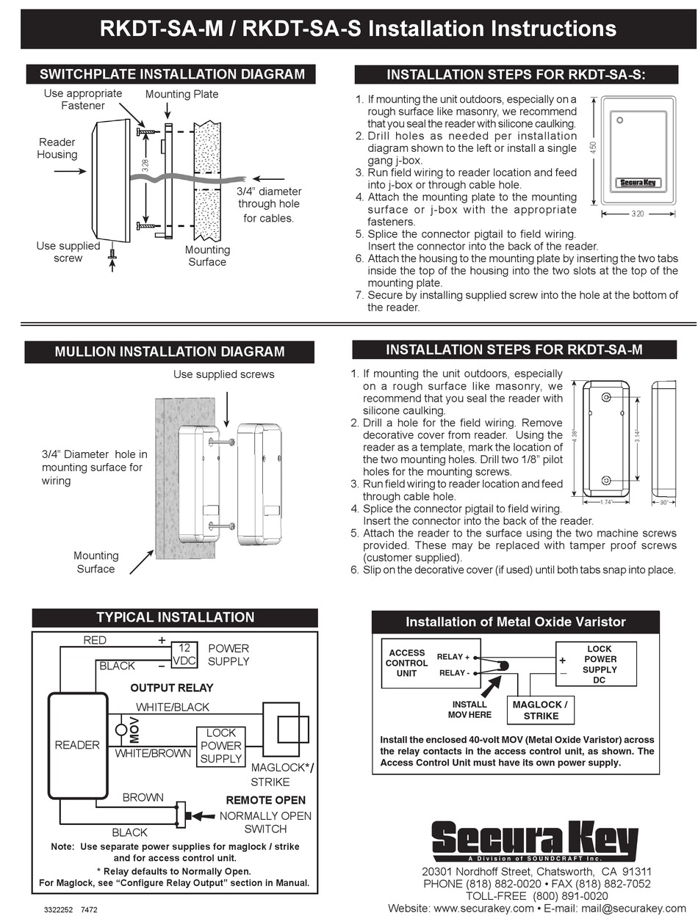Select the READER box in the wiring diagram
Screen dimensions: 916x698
pos(77,745)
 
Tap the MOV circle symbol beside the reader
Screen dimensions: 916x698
pos(122,730)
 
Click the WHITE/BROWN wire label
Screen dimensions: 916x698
pos(153,753)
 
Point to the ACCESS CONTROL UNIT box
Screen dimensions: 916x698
pos(407,663)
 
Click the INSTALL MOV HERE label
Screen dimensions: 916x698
pos(469,709)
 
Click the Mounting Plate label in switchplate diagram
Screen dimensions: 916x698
pos(181,94)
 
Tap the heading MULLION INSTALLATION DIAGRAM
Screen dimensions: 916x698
pos(170,352)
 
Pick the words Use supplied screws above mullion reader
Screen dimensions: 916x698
pos(223,374)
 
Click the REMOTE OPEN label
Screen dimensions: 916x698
pos(265,800)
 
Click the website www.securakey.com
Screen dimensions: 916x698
pos(483,909)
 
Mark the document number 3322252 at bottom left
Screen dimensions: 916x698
pos(59,909)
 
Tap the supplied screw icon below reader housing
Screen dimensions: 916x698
pos(112,254)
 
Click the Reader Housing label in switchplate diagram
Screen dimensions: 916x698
pos(57,148)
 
